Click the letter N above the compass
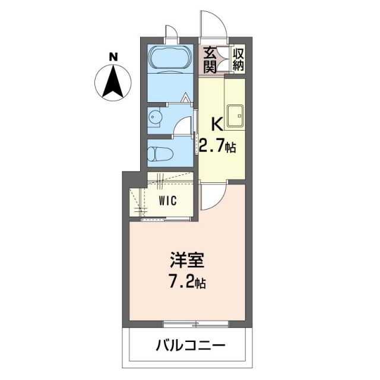[x=113, y=58]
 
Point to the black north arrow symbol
[x=113, y=83]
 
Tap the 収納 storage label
[x=237, y=59]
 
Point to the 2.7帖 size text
[x=218, y=146]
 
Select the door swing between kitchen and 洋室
[x=211, y=196]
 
